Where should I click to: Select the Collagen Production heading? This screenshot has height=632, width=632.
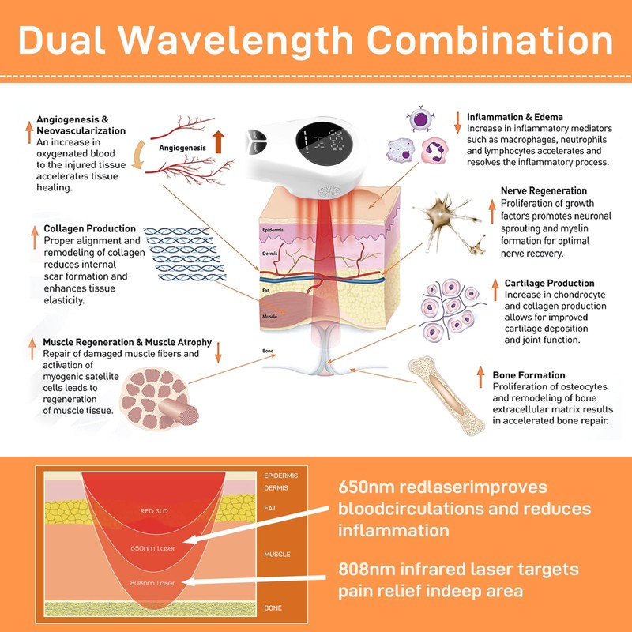pos(90,228)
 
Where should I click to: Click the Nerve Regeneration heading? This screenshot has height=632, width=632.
pos(544,191)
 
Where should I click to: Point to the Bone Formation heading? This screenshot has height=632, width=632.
pos(529,374)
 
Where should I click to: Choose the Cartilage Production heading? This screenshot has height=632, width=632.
pos(549,283)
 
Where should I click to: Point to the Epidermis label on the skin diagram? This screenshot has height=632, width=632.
pos(272,231)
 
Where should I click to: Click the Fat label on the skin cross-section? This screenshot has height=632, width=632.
pos(265,290)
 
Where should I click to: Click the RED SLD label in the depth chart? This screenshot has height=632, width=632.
pos(154,510)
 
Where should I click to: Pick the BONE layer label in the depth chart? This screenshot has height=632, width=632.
pos(273,608)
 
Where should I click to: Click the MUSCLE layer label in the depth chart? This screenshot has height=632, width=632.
pos(276,555)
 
